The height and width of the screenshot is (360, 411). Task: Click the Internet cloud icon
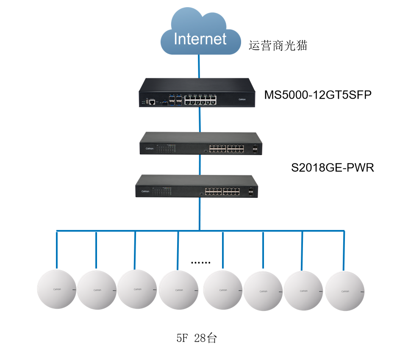click(x=200, y=34)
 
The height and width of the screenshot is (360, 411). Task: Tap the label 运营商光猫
click(x=278, y=45)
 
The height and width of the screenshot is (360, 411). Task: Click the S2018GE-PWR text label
click(x=333, y=168)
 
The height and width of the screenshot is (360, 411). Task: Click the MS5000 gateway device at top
click(x=198, y=92)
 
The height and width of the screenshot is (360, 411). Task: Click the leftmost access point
click(x=56, y=289)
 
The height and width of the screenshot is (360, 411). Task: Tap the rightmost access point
click(x=345, y=291)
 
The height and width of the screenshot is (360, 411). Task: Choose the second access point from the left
click(x=97, y=290)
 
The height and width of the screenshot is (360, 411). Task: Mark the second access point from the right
click(x=303, y=291)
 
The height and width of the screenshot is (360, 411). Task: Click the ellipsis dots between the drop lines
click(x=200, y=263)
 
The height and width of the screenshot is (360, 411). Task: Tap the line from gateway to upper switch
click(x=200, y=119)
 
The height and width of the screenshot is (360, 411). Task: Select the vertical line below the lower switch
click(x=200, y=214)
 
